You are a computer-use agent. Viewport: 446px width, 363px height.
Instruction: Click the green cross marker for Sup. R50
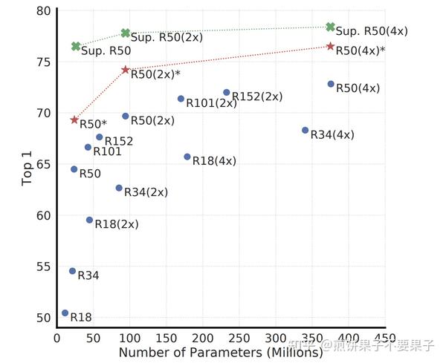click(76, 46)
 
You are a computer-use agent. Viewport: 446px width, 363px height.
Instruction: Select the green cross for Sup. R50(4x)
click(331, 27)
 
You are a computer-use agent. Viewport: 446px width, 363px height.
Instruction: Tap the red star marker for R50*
click(74, 120)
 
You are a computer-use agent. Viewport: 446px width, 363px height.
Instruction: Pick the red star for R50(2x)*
click(126, 70)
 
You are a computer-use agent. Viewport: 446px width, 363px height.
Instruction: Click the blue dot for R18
click(65, 313)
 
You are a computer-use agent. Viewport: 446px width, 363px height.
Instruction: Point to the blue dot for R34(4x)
click(305, 130)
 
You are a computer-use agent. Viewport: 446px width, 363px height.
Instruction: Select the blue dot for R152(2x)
click(227, 92)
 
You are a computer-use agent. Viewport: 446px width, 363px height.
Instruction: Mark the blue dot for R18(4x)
click(187, 157)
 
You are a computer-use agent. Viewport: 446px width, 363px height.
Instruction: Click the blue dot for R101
click(88, 147)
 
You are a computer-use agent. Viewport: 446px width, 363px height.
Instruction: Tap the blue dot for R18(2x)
click(89, 220)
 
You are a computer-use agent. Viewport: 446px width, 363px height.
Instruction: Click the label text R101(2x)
click(211, 103)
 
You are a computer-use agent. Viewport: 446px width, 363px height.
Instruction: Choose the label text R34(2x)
click(146, 192)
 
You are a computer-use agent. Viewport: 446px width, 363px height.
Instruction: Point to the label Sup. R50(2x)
click(167, 36)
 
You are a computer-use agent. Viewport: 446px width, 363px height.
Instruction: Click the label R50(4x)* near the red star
click(361, 50)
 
